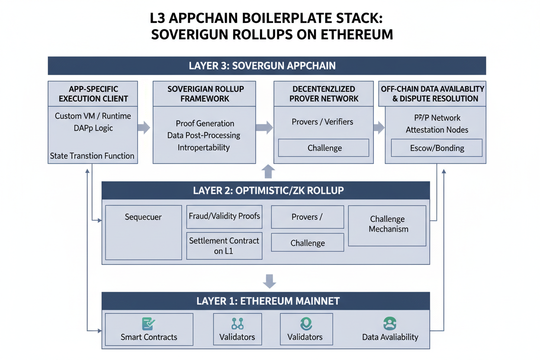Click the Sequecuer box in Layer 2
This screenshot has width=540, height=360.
(x=143, y=232)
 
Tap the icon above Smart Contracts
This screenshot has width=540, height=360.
(x=148, y=324)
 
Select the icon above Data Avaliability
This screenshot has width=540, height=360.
(x=390, y=324)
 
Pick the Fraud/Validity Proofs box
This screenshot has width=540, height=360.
(x=224, y=216)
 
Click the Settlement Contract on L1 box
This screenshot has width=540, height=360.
(x=224, y=246)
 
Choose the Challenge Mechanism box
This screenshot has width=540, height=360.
(x=387, y=225)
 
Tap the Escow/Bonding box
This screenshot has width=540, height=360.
(x=437, y=148)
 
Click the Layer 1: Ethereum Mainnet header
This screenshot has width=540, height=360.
(x=266, y=301)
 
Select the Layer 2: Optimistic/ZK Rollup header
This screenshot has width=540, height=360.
(x=266, y=190)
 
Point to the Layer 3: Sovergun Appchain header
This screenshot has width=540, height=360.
(x=267, y=66)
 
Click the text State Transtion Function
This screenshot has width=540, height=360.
(x=92, y=156)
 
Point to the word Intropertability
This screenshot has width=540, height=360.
(x=204, y=148)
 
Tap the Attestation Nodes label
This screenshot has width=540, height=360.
(x=437, y=130)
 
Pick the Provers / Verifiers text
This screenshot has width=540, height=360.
(x=322, y=122)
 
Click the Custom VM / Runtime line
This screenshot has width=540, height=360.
(x=93, y=116)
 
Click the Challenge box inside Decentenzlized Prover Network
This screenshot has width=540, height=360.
(x=324, y=148)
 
